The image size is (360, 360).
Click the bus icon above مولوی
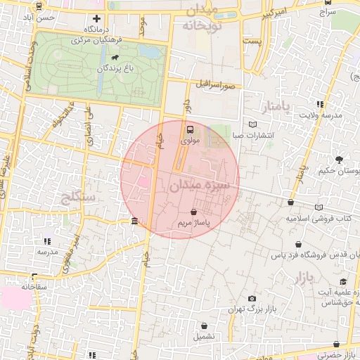[x=190, y=129]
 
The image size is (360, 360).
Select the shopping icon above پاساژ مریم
[x=193, y=211]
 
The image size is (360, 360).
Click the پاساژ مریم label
[x=193, y=222]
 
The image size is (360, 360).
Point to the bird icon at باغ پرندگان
[x=114, y=58]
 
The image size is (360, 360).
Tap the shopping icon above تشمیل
[x=205, y=326]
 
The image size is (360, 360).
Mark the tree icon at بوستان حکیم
[x=340, y=160]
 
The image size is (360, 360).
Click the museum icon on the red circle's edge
[x=134, y=222]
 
